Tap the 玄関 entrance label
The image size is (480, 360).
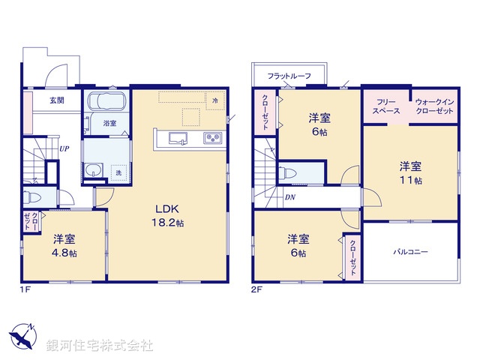coord(57,100)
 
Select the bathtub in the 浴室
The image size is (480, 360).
coord(106,103)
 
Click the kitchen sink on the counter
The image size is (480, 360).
coord(178,137)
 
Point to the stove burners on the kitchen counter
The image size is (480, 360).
coord(211,138)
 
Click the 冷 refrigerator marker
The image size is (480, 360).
coord(215,100)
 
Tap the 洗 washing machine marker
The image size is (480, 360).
coord(117,173)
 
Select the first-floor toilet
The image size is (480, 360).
coord(32,198)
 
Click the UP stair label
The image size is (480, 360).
coord(65,148)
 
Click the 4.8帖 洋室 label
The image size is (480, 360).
coord(64,246)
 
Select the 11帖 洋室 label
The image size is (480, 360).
coord(410,173)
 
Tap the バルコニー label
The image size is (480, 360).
coord(410,252)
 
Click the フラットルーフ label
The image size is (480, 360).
coord(289,76)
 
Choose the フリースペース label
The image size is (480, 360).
coord(386,106)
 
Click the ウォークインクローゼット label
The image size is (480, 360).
coord(434,106)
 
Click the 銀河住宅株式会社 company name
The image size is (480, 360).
coord(100,345)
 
